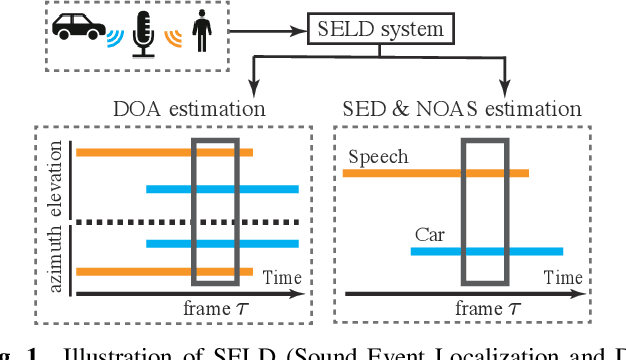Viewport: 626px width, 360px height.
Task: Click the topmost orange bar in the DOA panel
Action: tap(164, 153)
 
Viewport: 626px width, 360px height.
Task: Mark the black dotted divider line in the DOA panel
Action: tap(187, 221)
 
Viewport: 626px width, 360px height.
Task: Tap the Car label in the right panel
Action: tap(430, 235)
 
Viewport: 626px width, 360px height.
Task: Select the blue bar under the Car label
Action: tap(486, 251)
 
